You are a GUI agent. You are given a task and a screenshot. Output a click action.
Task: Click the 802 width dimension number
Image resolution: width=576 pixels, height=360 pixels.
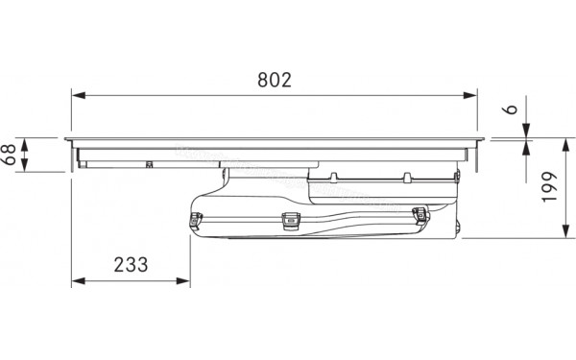(275, 80)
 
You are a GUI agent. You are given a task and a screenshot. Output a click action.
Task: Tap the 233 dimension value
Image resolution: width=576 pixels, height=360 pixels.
(131, 265)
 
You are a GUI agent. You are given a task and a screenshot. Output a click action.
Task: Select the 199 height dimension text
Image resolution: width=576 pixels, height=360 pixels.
(549, 186)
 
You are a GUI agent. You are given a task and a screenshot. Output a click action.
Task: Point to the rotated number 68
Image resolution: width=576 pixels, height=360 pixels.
(9, 155)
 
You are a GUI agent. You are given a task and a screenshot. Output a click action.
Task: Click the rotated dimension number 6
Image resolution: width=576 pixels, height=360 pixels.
(511, 109)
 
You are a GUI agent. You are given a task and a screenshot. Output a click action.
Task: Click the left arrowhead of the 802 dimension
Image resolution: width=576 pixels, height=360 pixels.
(79, 95)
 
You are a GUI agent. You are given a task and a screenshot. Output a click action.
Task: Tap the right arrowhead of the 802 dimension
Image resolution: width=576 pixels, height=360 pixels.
(469, 95)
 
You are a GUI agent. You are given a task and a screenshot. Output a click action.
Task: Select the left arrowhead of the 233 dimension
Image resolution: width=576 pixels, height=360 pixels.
(79, 281)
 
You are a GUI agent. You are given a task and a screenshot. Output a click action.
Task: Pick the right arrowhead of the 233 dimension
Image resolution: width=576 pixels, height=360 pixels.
(183, 281)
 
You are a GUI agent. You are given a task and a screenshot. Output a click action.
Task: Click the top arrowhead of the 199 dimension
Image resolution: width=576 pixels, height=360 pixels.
(566, 146)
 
